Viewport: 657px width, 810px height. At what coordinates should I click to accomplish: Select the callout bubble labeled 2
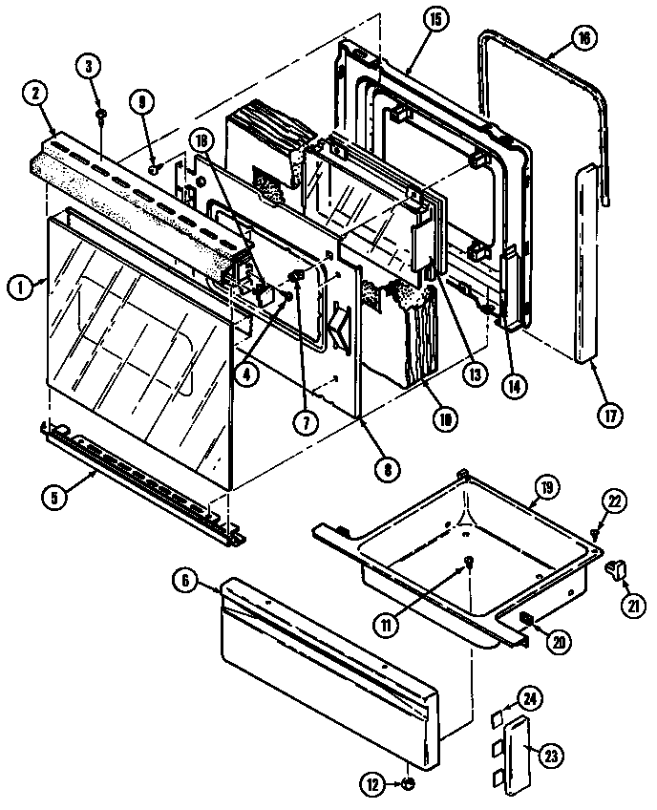pos(33,93)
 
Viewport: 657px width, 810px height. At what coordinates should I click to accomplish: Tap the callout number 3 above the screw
pos(89,66)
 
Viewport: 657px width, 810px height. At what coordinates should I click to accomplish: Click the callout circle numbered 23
pos(550,755)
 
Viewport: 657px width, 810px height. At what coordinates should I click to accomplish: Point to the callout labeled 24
pos(529,700)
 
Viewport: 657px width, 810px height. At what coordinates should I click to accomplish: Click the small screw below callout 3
pos(98,115)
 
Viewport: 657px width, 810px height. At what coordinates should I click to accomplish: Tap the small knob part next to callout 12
pos(408,784)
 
